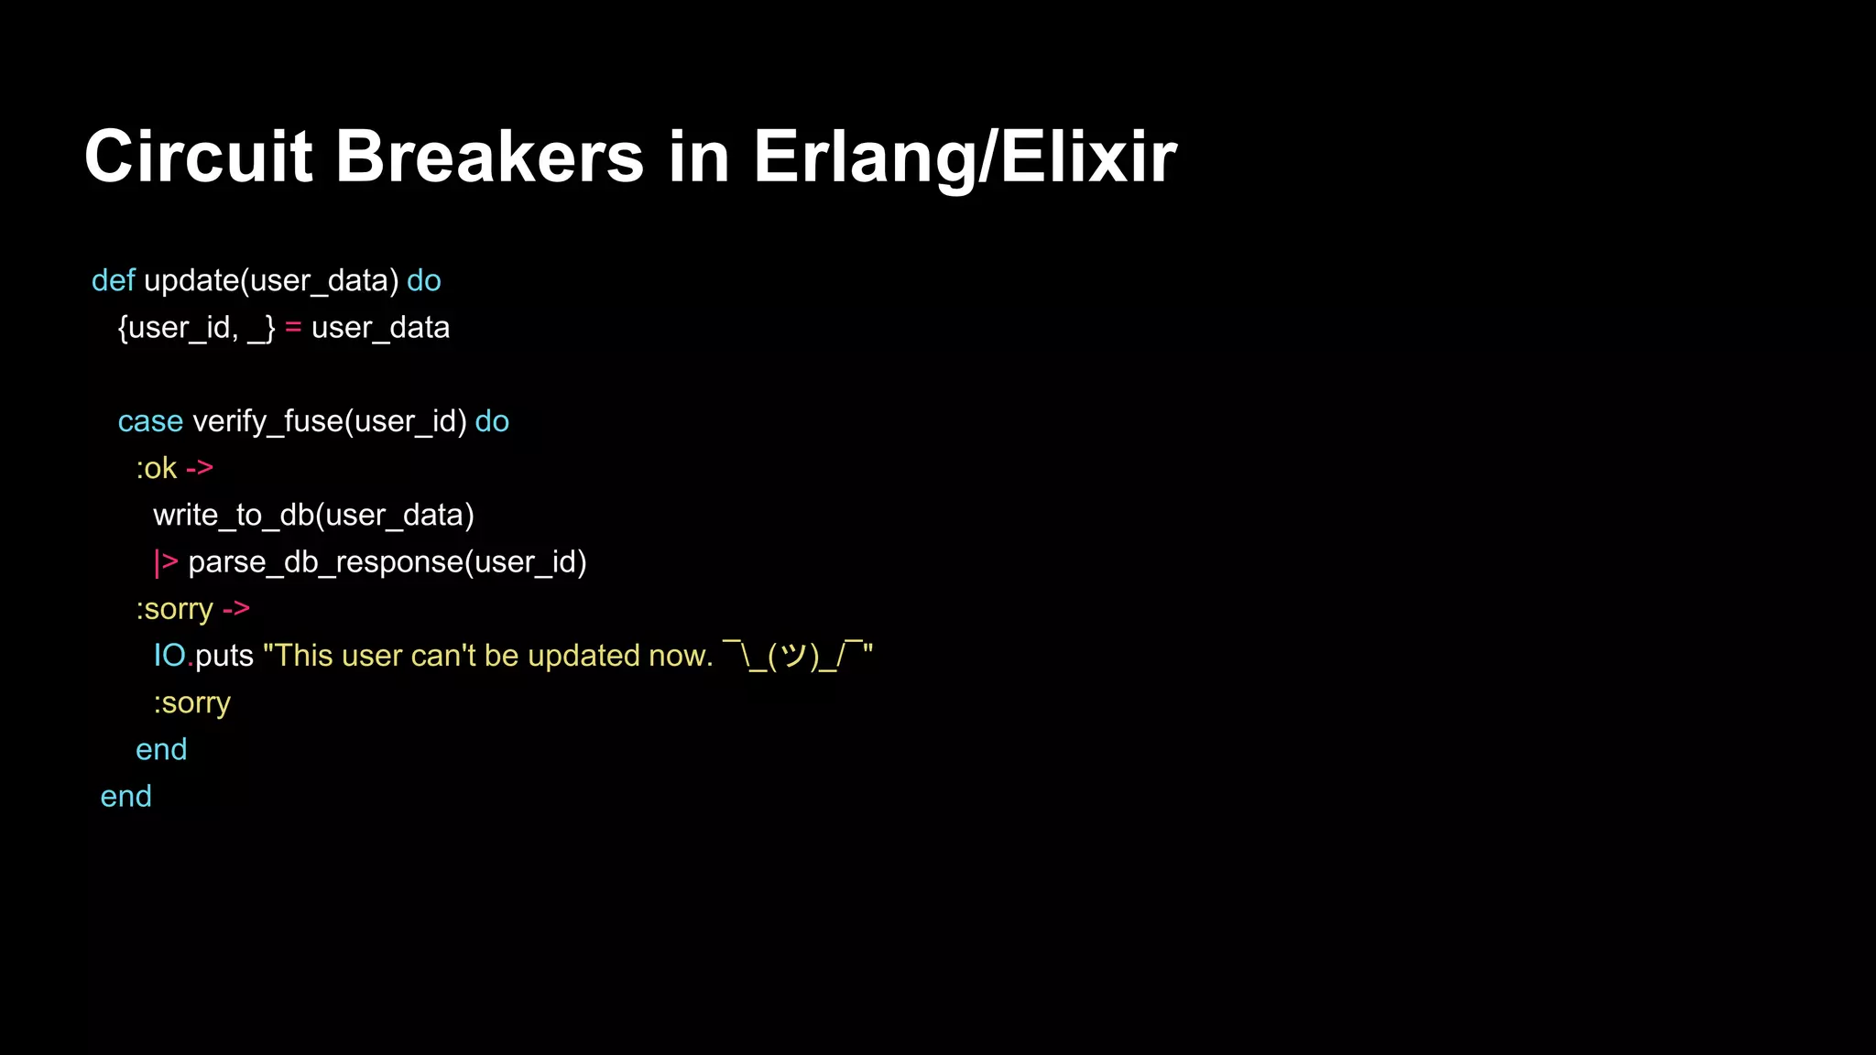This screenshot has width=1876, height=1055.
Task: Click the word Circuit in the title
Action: (x=198, y=157)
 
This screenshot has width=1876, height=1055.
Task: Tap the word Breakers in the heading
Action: (x=489, y=157)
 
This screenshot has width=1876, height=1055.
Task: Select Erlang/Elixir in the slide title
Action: (x=965, y=157)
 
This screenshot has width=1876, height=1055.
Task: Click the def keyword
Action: (x=114, y=280)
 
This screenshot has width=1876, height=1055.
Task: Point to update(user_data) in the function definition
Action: (x=271, y=280)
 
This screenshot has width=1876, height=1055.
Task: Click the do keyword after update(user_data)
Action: (x=424, y=280)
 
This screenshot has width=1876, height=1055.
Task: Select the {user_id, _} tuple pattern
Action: (x=196, y=328)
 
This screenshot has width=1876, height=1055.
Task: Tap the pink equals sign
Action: (x=293, y=328)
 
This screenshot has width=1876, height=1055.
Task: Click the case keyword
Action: (x=150, y=421)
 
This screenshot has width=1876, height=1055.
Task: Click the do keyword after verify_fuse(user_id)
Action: (x=492, y=421)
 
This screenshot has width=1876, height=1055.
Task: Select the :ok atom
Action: (x=156, y=468)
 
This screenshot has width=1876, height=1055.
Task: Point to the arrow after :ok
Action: (x=200, y=468)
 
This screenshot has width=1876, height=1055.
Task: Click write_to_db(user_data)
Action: (x=313, y=515)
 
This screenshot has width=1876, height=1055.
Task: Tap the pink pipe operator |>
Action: (x=166, y=562)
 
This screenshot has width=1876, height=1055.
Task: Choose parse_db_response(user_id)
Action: (x=387, y=562)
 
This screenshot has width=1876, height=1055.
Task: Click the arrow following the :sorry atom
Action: (x=236, y=609)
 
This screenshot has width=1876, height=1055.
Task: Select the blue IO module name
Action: (x=170, y=656)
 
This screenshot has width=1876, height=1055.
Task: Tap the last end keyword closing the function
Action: (x=125, y=797)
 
